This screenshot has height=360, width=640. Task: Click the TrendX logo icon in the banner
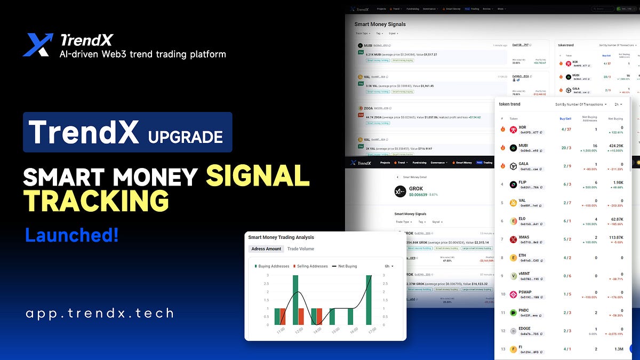click(x=38, y=45)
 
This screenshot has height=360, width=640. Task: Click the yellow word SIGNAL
click(x=258, y=176)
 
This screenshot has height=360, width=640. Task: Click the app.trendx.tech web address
click(x=99, y=313)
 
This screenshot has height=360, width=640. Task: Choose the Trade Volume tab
click(x=301, y=249)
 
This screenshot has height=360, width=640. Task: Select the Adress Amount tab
click(x=266, y=249)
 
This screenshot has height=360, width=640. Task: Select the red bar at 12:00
click(x=300, y=316)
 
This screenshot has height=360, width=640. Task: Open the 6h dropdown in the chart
click(x=389, y=266)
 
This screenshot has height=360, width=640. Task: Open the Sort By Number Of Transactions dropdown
click(x=580, y=105)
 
